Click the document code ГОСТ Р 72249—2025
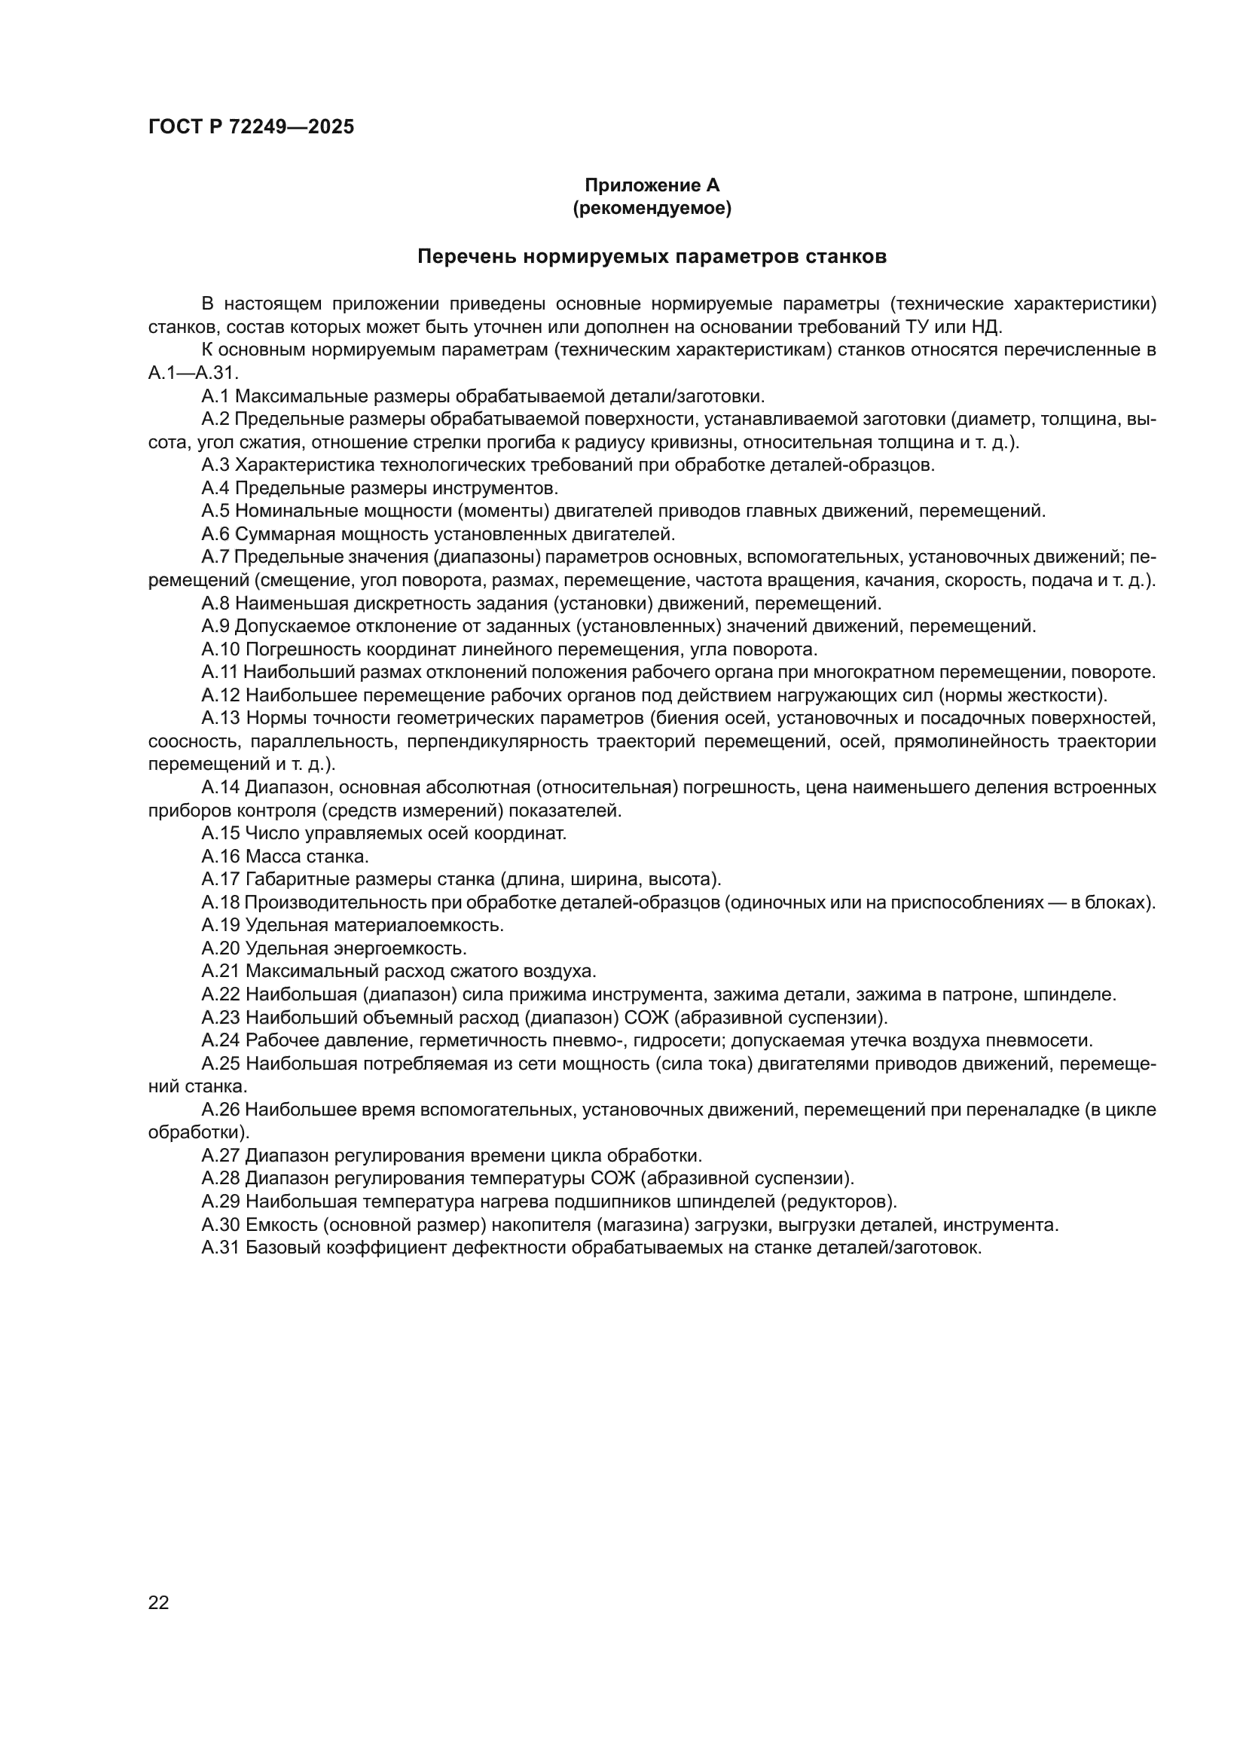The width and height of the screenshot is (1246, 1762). [251, 127]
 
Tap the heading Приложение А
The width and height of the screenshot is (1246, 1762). [652, 185]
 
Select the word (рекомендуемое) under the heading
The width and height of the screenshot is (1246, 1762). [652, 208]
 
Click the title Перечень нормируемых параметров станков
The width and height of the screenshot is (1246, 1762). [652, 257]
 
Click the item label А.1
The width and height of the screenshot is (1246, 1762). [215, 397]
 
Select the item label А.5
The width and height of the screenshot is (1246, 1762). [215, 511]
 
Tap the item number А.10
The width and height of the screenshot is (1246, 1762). [221, 649]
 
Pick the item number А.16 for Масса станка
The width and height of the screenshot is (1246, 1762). [221, 857]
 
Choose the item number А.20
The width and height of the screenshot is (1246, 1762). [221, 948]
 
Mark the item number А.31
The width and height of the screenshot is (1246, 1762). [221, 1247]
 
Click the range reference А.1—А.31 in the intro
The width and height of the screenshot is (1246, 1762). [194, 374]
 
